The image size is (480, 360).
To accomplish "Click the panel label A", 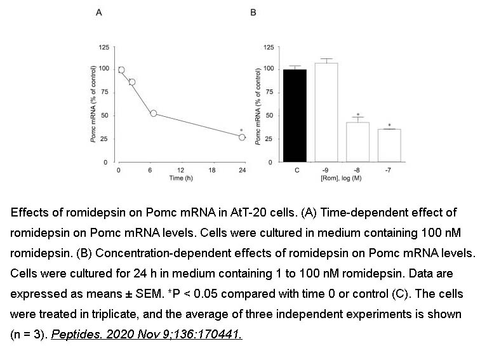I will tap(100, 12).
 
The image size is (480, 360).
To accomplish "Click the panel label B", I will tap(254, 12).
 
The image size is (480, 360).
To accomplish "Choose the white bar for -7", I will tap(389, 145).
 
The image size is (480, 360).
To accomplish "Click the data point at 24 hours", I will tap(242, 137).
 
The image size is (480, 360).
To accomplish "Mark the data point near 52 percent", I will tap(153, 114).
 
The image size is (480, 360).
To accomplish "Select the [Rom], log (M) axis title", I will tap(343, 178).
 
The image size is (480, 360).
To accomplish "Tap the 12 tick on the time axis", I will tap(180, 170).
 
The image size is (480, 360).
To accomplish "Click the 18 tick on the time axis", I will tap(211, 170).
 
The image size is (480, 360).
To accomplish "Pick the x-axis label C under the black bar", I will tap(296, 171).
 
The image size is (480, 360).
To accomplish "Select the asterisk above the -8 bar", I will tap(358, 115).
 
